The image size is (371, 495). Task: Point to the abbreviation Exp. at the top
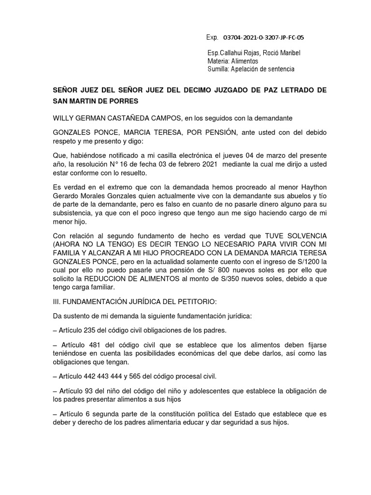pos(212,37)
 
